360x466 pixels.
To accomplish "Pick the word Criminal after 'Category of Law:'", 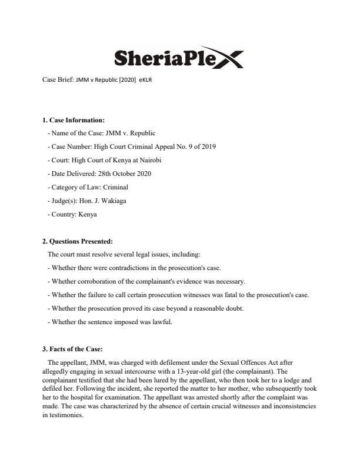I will (x=116, y=187).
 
